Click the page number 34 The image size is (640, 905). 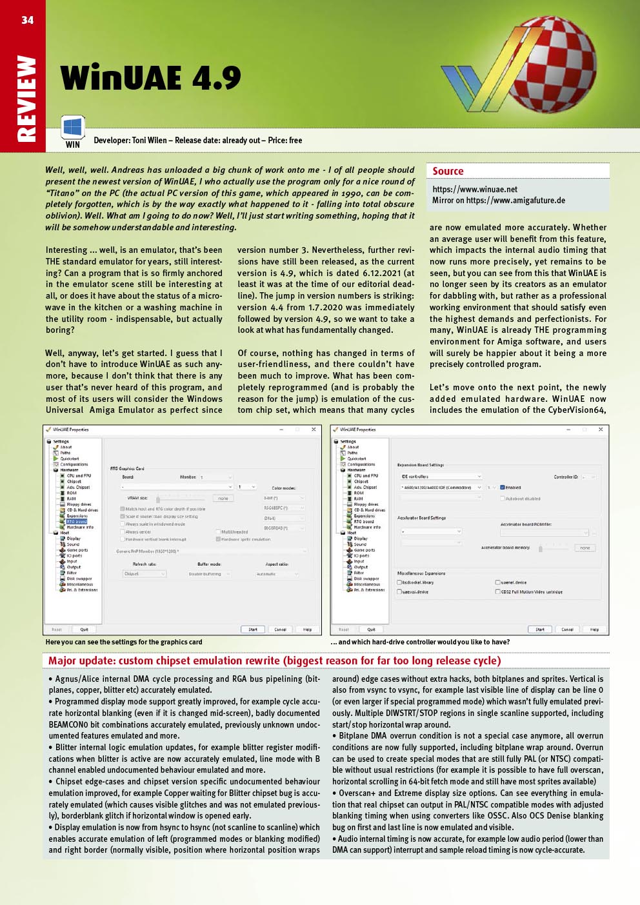tap(27, 20)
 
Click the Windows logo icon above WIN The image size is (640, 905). tap(73, 126)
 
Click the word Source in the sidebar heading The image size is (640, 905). tap(448, 171)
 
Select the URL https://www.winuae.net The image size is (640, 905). tap(475, 190)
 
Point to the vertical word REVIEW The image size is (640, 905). tap(26, 98)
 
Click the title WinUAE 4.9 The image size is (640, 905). tap(150, 79)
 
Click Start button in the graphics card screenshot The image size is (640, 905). tap(253, 630)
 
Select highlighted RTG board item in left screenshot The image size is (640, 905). tap(76, 521)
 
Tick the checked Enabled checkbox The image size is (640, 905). tap(503, 488)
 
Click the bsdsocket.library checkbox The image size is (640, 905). tap(399, 582)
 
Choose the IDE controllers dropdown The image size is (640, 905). tap(441, 477)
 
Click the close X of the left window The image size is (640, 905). tap(314, 430)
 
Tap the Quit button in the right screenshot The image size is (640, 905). tap(371, 630)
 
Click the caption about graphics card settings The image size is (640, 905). tap(124, 642)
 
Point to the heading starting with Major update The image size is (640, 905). tap(274, 661)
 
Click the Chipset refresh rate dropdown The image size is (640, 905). tap(145, 573)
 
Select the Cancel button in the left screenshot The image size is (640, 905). tap(280, 630)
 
